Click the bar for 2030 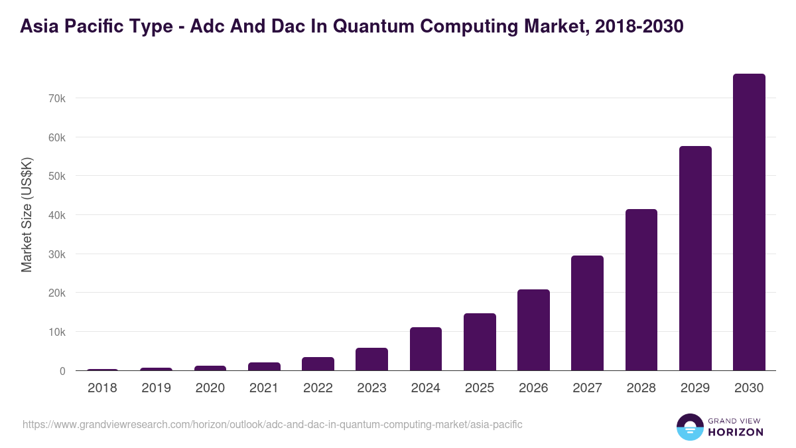click(749, 222)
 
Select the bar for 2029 click(695, 259)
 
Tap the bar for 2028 click(641, 290)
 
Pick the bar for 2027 click(587, 313)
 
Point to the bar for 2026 click(533, 330)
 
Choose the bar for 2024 click(426, 349)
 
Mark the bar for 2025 click(480, 342)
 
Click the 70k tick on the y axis click(56, 98)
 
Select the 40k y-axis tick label click(56, 215)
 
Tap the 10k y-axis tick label click(56, 332)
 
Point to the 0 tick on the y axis click(62, 371)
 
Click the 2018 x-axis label click(102, 388)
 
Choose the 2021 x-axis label click(264, 388)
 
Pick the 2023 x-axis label click(371, 388)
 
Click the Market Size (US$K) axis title click(27, 214)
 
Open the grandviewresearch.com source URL click(273, 424)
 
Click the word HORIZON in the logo click(736, 432)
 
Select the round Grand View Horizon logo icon click(690, 427)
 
